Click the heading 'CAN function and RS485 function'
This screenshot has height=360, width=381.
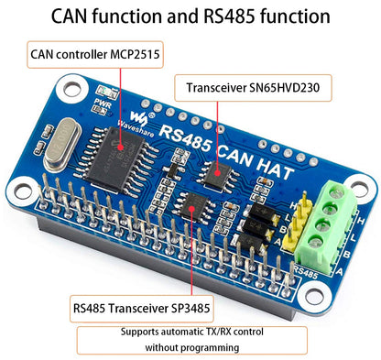click(190, 16)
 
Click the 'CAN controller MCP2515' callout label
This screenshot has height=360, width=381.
click(94, 56)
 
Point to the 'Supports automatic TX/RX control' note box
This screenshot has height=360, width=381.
click(190, 340)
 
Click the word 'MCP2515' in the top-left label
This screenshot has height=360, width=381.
click(134, 56)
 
